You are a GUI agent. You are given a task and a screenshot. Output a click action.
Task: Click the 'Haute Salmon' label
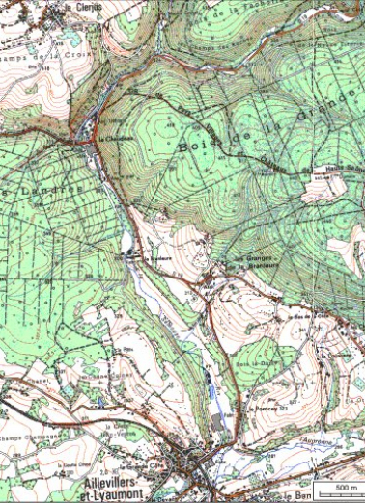[x=329, y=173]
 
